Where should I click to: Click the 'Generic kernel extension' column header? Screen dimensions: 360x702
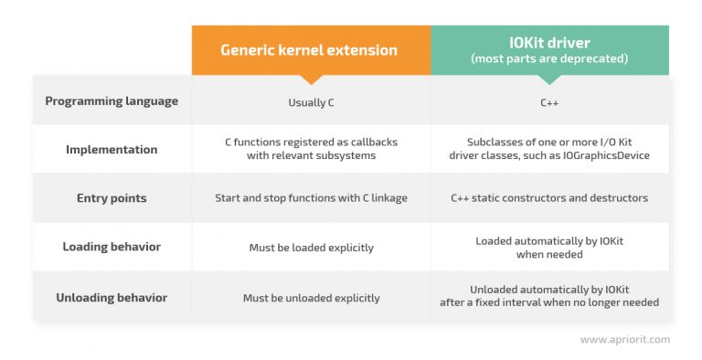pyautogui.click(x=311, y=50)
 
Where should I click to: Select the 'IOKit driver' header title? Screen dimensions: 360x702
pyautogui.click(x=549, y=44)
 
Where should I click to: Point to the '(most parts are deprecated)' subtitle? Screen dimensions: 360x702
pyautogui.click(x=549, y=59)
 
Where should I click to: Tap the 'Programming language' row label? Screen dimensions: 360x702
pyautogui.click(x=112, y=101)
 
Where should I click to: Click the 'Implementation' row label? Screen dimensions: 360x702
pyautogui.click(x=112, y=150)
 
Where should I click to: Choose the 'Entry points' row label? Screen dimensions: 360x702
pyautogui.click(x=112, y=198)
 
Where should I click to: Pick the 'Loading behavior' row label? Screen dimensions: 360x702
pyautogui.click(x=112, y=247)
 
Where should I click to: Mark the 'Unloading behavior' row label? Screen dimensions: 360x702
pyautogui.click(x=112, y=298)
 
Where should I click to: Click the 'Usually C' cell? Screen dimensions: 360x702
pyautogui.click(x=311, y=102)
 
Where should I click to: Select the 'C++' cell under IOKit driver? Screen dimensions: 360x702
pyautogui.click(x=549, y=102)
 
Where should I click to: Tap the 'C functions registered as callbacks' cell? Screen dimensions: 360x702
pyautogui.click(x=311, y=149)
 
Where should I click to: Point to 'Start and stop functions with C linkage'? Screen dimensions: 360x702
pyautogui.click(x=311, y=198)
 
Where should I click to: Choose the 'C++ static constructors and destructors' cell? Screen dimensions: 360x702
pyautogui.click(x=549, y=198)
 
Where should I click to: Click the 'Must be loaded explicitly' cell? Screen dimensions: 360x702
pyautogui.click(x=311, y=248)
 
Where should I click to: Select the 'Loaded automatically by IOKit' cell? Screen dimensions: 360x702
pyautogui.click(x=549, y=247)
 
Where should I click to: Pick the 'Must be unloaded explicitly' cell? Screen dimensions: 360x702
pyautogui.click(x=311, y=298)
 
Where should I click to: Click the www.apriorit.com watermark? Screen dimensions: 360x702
pyautogui.click(x=624, y=339)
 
